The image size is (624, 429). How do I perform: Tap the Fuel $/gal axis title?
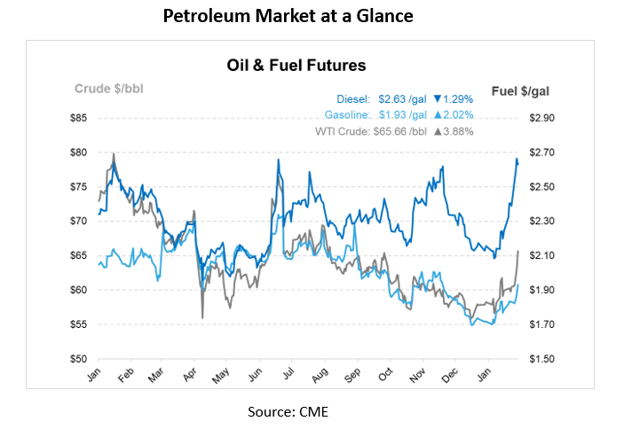519,90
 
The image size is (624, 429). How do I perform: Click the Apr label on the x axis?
188,377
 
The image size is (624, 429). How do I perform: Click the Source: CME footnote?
288,411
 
